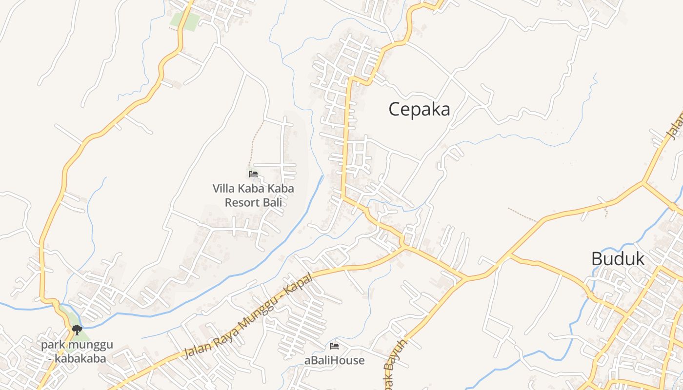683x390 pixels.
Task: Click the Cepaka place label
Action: pyautogui.click(x=419, y=109)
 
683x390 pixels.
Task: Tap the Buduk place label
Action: pyautogui.click(x=618, y=259)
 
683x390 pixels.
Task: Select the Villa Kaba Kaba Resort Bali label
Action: pyautogui.click(x=253, y=195)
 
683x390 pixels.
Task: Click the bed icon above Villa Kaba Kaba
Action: pyautogui.click(x=253, y=174)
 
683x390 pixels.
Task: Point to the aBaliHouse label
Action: pyautogui.click(x=334, y=361)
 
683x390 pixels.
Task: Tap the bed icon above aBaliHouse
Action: pyautogui.click(x=334, y=346)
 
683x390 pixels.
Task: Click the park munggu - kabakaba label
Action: pyautogui.click(x=77, y=351)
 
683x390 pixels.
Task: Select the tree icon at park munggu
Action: pyautogui.click(x=77, y=330)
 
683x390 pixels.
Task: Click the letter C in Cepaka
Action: pyautogui.click(x=395, y=109)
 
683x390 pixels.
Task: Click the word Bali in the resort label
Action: pyautogui.click(x=275, y=202)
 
